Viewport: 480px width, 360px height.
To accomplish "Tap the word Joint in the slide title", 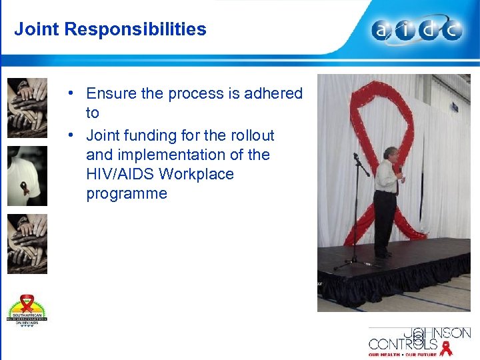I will click(37, 29).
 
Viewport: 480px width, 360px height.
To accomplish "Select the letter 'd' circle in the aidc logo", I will click(430, 31).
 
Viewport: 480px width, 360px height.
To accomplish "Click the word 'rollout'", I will click(251, 135).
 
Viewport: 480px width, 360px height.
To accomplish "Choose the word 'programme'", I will click(126, 194).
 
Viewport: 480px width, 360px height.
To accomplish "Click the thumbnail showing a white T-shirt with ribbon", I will click(27, 176).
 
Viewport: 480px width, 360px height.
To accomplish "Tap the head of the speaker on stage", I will click(390, 153).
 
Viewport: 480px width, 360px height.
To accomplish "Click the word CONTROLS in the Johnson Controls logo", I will click(403, 344).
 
